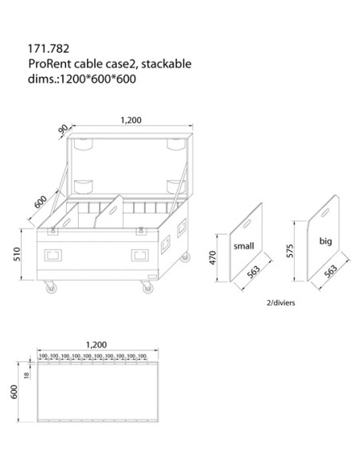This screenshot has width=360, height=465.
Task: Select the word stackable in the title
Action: [164, 63]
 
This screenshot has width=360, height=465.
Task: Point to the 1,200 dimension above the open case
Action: [131, 120]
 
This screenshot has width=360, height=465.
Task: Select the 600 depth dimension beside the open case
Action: [40, 201]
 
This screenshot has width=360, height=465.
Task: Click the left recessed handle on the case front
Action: [54, 256]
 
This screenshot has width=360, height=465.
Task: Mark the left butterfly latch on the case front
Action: [53, 230]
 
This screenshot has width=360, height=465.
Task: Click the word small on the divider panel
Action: [244, 247]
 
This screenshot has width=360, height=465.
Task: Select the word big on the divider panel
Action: [326, 238]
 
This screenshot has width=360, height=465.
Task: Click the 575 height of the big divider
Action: [292, 252]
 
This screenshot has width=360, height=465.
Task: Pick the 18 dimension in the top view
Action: [27, 377]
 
